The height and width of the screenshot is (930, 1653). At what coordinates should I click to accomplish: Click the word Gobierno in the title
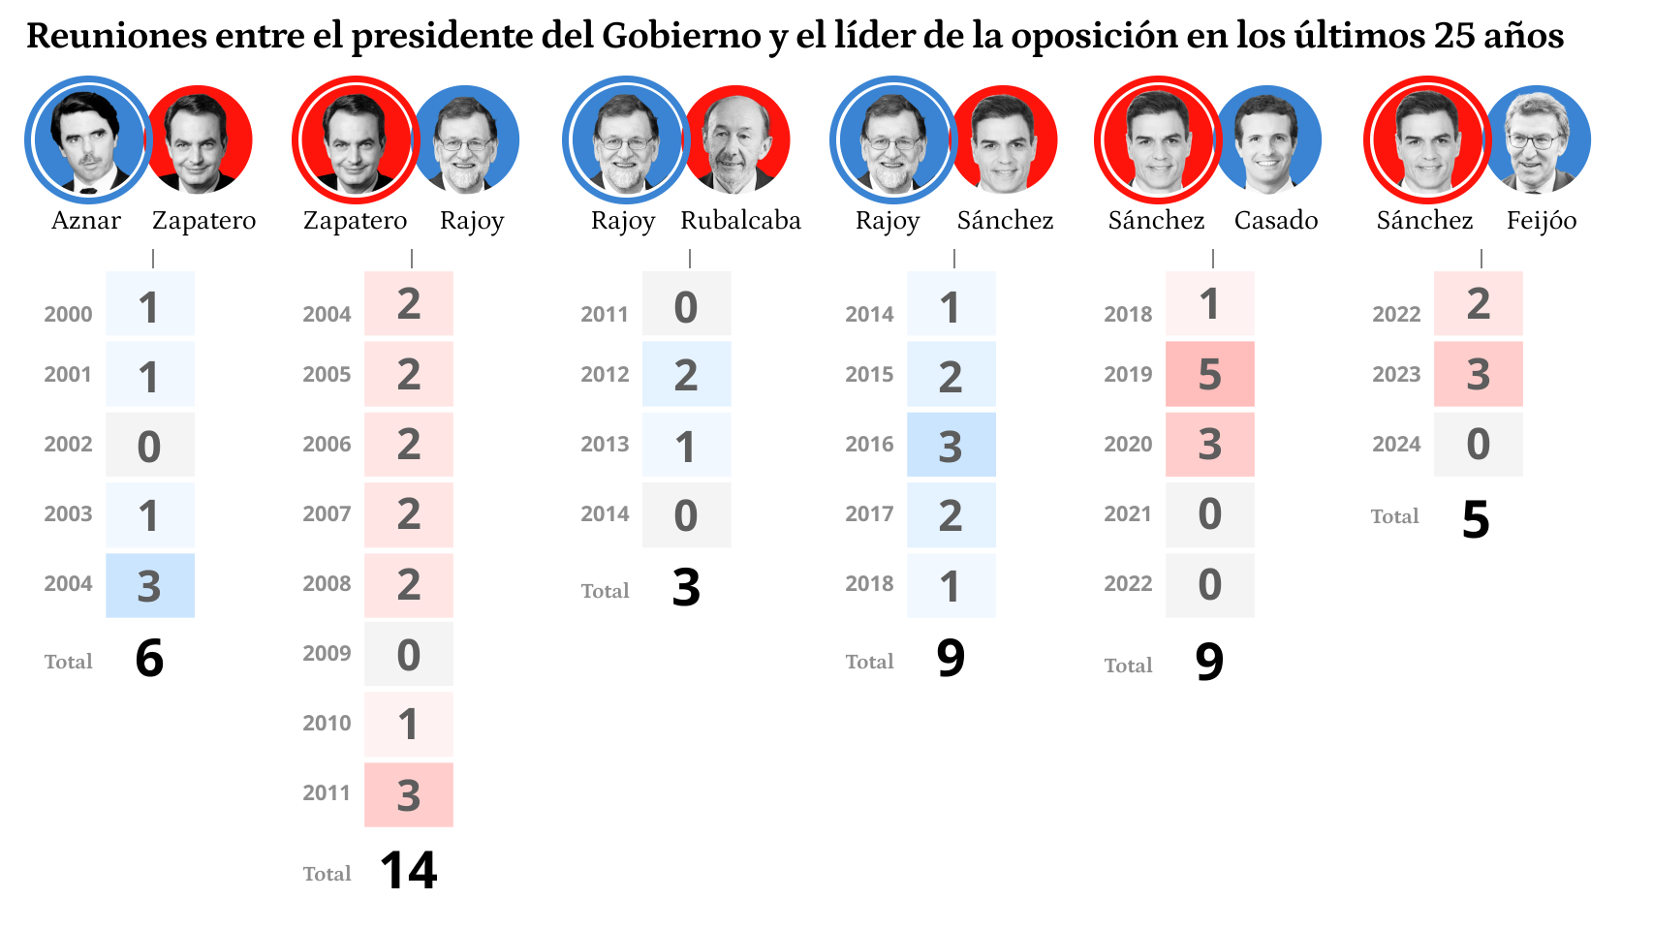[x=680, y=37]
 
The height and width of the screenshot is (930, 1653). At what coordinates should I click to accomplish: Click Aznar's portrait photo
[x=88, y=139]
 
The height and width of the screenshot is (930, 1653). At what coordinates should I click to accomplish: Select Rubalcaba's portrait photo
[x=737, y=139]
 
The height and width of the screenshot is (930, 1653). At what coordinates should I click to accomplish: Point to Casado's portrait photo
[x=1267, y=139]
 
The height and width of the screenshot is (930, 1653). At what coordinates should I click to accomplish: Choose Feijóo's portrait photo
[x=1537, y=139]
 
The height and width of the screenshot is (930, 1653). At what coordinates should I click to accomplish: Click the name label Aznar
[x=86, y=221]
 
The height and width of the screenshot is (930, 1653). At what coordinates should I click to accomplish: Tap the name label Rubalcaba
[x=740, y=221]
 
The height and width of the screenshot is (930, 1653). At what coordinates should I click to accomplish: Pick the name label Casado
[x=1275, y=221]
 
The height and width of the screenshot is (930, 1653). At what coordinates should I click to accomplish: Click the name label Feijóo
[x=1541, y=221]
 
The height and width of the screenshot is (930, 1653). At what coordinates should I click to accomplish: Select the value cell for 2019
[x=1209, y=374]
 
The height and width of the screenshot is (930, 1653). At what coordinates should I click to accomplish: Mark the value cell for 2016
[x=951, y=445]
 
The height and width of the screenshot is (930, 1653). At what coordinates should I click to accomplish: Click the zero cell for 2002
[x=149, y=445]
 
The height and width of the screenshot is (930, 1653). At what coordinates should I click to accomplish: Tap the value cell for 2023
[x=1478, y=374]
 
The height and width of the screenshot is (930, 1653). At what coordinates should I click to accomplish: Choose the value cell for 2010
[x=408, y=724]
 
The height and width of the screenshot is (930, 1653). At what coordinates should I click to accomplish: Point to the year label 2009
[x=327, y=654]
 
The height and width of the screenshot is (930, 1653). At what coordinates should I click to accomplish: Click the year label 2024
[x=1396, y=445]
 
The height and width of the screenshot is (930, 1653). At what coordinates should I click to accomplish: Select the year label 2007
[x=327, y=514]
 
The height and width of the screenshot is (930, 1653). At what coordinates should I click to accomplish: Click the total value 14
[x=408, y=870]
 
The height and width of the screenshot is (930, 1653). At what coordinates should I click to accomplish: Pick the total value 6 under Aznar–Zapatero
[x=149, y=659]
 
